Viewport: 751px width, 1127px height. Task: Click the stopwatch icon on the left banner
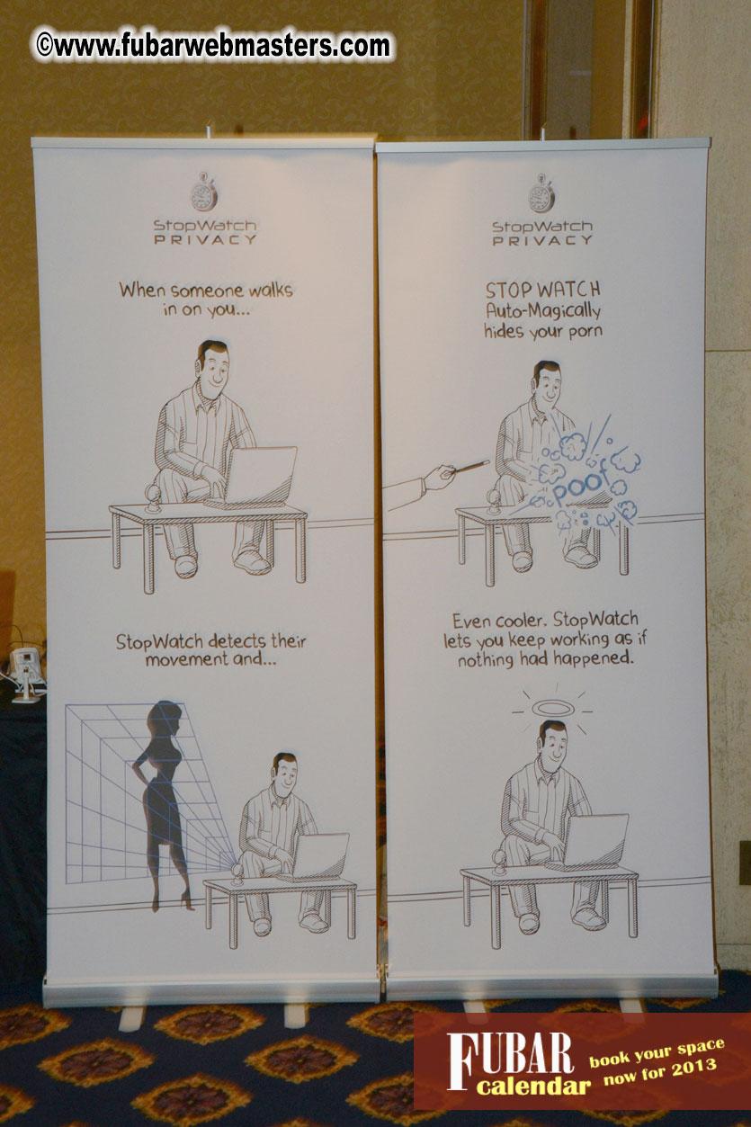click(204, 192)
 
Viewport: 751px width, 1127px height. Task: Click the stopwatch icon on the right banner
click(541, 193)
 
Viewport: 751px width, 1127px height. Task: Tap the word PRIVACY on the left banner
click(205, 240)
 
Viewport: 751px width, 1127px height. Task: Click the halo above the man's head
click(552, 709)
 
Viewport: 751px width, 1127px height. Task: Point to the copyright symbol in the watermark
click(44, 45)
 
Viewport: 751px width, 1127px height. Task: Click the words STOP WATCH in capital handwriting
click(542, 290)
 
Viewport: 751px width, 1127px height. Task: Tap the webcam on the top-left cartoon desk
click(152, 498)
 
